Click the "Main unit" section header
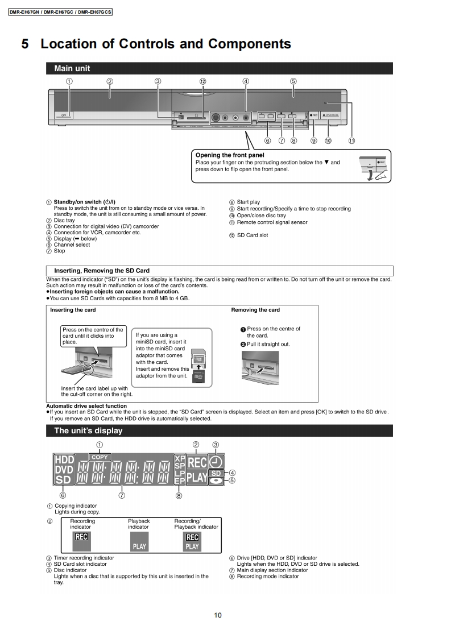coord(72,69)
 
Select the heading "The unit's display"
coord(88,430)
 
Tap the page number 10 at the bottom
coord(218,615)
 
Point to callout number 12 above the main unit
coord(202,81)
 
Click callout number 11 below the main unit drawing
coord(352,140)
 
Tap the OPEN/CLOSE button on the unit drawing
coord(330,115)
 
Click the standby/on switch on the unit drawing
coord(64,115)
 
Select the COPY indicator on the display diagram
coord(100,457)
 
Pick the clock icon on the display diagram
coord(216,461)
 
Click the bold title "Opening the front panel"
coord(230,155)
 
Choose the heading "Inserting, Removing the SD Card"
coord(102,271)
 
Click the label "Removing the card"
coord(255,310)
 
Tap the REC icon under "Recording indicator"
coord(82,537)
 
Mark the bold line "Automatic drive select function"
coord(86,406)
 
